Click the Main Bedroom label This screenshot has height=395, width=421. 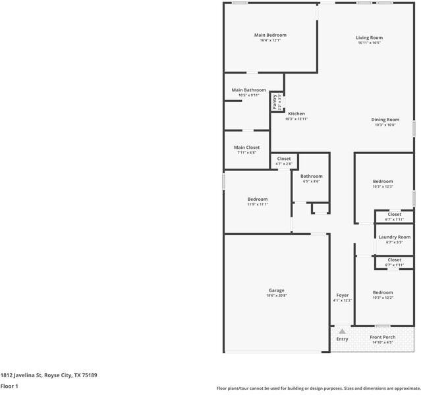270,35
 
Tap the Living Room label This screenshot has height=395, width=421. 370,38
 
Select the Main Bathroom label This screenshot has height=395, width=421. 248,90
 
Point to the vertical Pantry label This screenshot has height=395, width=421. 275,102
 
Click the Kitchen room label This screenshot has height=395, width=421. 296,114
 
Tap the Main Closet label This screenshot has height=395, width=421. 246,147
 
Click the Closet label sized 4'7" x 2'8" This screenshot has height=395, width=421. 283,159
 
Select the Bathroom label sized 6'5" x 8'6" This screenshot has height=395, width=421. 311,176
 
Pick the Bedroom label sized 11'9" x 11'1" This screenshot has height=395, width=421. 257,199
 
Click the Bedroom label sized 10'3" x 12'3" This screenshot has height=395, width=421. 382,181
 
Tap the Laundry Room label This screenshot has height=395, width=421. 394,237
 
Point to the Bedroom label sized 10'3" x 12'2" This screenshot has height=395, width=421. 382,292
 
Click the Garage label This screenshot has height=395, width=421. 277,290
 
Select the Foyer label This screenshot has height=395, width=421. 342,295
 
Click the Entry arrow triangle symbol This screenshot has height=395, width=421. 342,331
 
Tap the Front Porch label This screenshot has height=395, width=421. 382,337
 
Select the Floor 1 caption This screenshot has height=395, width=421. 9,386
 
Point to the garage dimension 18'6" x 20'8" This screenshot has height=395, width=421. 277,296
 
